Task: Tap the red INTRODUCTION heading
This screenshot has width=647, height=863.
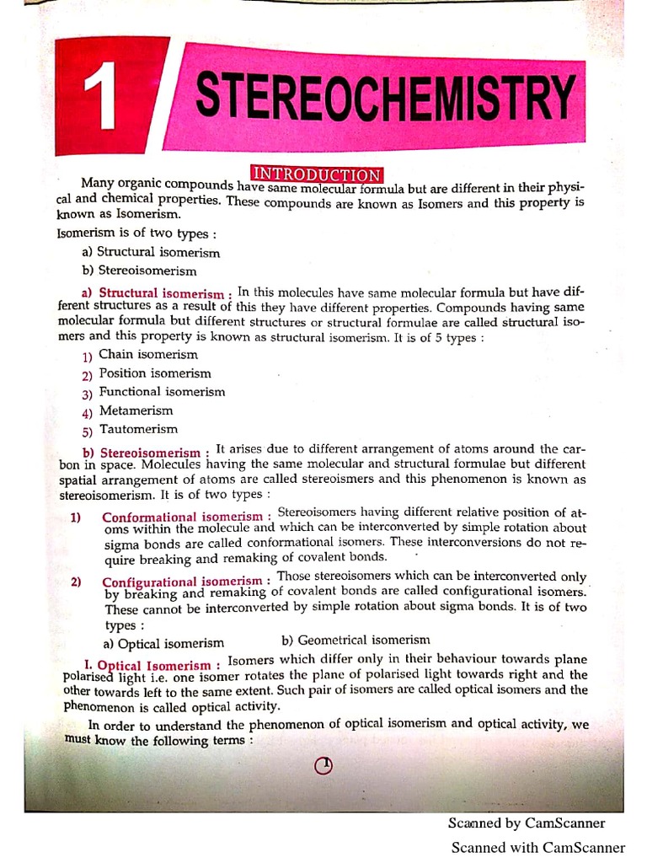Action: pos(317,175)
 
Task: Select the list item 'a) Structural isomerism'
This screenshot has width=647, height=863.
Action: pos(151,252)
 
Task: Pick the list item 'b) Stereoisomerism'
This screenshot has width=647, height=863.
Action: pos(139,271)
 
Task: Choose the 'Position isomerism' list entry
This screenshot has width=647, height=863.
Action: pos(155,373)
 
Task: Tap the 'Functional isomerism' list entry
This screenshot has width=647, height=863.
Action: pos(162,392)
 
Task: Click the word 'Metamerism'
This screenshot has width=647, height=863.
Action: pos(136,410)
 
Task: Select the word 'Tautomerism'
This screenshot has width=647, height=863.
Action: pos(138,430)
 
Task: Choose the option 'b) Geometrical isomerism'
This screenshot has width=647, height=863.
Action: pos(356,641)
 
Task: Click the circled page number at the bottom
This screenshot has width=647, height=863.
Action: pos(324,765)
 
